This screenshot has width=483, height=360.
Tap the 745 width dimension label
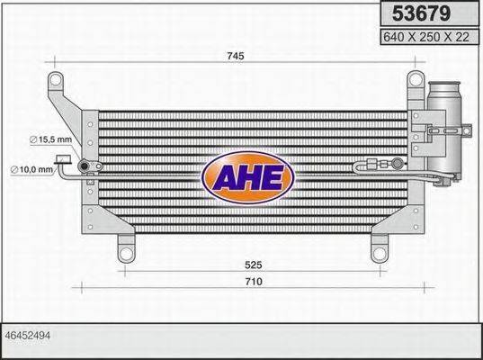pyautogui.click(x=237, y=56)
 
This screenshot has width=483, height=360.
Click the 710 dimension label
pyautogui.click(x=254, y=282)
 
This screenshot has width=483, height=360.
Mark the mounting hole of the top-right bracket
pyautogui.click(x=415, y=80)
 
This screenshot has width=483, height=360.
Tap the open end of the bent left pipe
pyautogui.click(x=62, y=161)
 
